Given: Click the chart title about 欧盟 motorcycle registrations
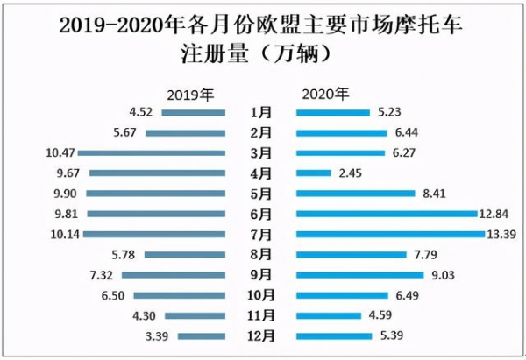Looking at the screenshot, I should [x=263, y=39].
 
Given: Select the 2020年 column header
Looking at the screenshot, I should [x=325, y=93].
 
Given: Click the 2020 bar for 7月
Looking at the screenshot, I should [x=390, y=234].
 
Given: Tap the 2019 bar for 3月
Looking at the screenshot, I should [x=153, y=152].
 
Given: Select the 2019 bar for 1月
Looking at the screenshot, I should [x=193, y=112].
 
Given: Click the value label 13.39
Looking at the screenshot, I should [x=503, y=234].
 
